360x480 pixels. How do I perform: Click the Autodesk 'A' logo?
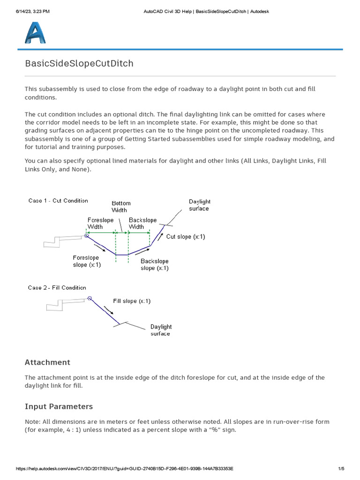[x=35, y=34]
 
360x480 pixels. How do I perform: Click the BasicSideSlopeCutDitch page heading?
[x=79, y=63]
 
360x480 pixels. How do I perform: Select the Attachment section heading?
[x=47, y=362]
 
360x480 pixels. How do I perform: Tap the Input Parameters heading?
[x=59, y=406]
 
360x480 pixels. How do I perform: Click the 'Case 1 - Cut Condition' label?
[x=58, y=201]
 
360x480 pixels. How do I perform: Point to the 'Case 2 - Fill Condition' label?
[x=57, y=287]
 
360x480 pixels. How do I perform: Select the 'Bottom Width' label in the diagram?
[x=121, y=207]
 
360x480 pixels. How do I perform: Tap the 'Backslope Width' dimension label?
[x=143, y=223]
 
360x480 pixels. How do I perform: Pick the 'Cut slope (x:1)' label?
[x=186, y=237]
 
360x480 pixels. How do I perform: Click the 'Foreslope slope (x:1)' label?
[x=87, y=261]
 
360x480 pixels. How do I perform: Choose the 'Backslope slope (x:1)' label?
[x=155, y=264]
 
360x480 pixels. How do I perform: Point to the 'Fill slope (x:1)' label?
[x=132, y=301]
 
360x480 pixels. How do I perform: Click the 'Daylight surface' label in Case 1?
[x=200, y=205]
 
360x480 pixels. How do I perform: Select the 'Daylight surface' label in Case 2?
[x=161, y=330]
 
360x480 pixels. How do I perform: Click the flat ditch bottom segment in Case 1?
[x=122, y=255]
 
